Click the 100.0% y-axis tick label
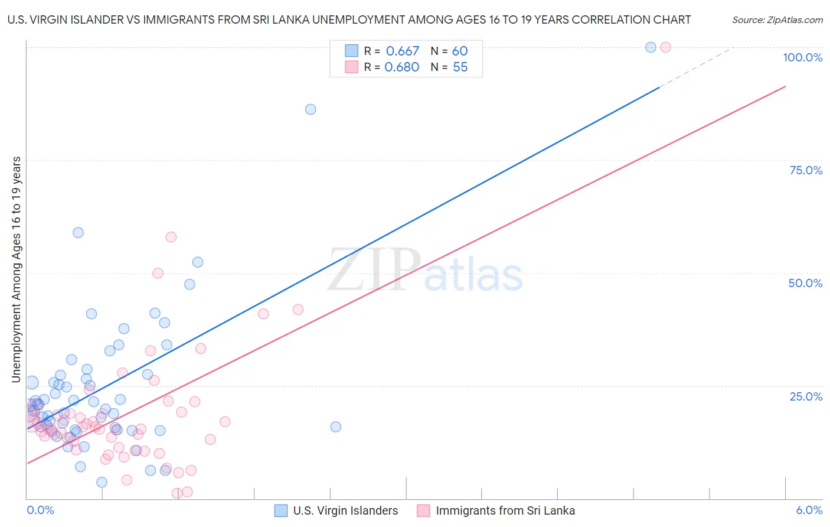click(x=802, y=57)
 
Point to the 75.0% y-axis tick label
click(x=806, y=170)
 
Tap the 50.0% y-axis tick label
click(x=805, y=283)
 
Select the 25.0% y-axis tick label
click(x=806, y=396)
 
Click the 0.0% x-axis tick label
click(x=40, y=510)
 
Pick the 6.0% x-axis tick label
click(x=809, y=510)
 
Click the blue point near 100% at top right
click(x=651, y=47)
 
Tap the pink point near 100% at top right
click(x=665, y=47)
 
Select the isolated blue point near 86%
click(x=311, y=109)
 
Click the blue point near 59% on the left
click(x=78, y=233)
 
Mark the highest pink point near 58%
click(x=171, y=237)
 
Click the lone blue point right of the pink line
click(x=335, y=427)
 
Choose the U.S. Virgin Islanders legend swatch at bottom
click(x=282, y=510)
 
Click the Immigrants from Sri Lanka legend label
click(x=505, y=510)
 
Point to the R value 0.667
click(x=402, y=51)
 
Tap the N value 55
click(x=460, y=67)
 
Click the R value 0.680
click(x=401, y=67)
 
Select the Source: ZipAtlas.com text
click(x=777, y=20)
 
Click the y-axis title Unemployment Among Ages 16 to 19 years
click(x=17, y=269)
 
